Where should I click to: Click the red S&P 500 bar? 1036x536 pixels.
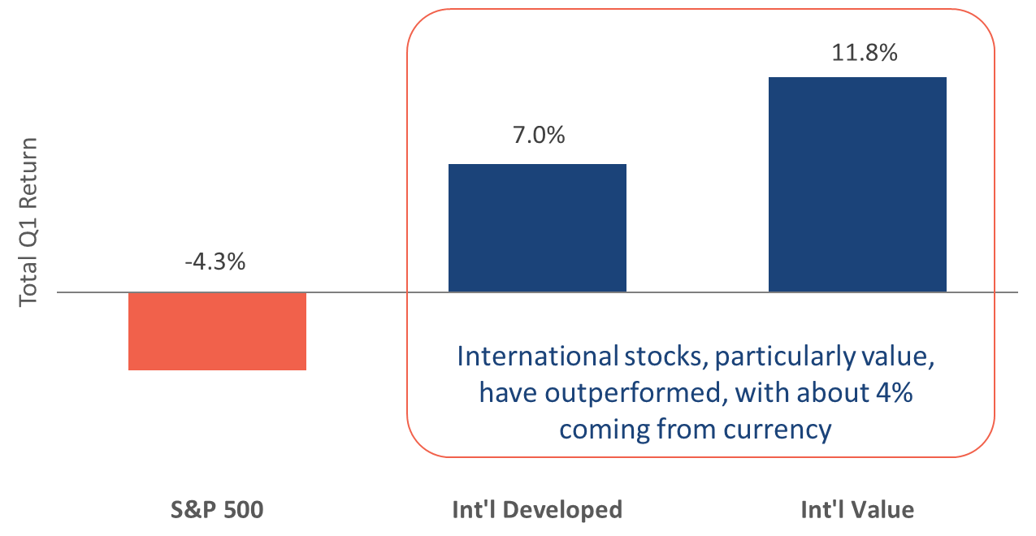click(x=218, y=331)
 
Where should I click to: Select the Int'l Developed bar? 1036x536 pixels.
click(x=537, y=227)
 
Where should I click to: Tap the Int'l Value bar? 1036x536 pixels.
click(x=857, y=184)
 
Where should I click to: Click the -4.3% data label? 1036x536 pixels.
click(x=215, y=262)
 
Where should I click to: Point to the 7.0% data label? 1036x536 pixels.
click(x=539, y=135)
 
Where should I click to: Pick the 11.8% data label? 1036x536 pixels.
click(x=865, y=52)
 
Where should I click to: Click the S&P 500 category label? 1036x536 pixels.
click(x=217, y=510)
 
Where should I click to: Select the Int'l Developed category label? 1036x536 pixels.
click(x=537, y=510)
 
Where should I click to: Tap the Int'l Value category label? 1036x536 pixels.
click(x=857, y=510)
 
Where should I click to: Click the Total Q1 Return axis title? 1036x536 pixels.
click(x=28, y=222)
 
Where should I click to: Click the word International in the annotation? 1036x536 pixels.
click(x=537, y=357)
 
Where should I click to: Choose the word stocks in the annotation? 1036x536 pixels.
click(x=666, y=357)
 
